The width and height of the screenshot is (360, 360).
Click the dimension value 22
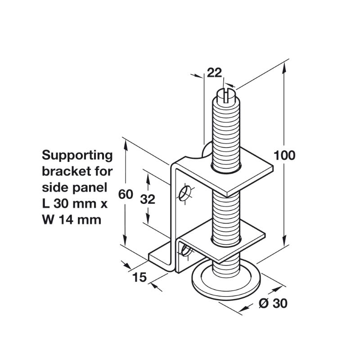[x=215, y=73]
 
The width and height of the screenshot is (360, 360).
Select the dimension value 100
[x=284, y=155]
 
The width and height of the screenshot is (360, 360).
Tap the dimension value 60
[x=126, y=194]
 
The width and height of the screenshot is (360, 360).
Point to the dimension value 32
[x=148, y=199]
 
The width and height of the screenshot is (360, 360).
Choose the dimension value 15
[x=139, y=277]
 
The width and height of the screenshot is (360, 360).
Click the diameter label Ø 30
[x=273, y=303]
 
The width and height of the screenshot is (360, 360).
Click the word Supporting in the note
[x=77, y=156]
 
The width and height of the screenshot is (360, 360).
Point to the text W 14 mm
[x=72, y=220]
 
